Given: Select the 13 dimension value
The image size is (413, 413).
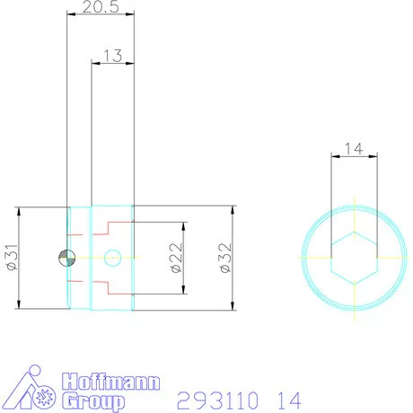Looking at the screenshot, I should pos(113,56).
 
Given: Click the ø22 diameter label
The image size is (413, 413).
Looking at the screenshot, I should pos(176,259).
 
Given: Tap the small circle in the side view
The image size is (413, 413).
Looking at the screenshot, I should pos(112,259).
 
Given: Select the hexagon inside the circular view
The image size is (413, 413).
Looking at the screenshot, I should pos(354,258).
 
